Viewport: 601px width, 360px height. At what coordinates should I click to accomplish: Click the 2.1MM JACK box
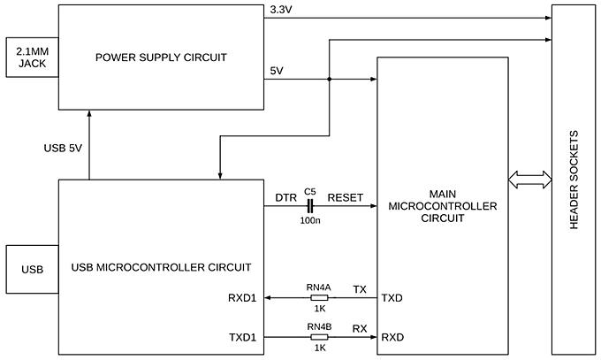click(x=32, y=58)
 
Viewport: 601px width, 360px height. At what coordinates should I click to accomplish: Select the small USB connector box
click(x=32, y=268)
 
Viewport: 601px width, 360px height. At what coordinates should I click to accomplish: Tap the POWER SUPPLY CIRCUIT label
click(x=162, y=57)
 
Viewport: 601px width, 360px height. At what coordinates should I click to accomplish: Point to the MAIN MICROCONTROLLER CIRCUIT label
click(x=442, y=206)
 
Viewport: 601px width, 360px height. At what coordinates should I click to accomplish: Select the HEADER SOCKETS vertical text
click(x=574, y=181)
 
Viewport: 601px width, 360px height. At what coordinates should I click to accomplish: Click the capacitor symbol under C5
click(x=309, y=206)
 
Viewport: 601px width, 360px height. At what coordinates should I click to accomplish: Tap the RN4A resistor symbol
click(x=319, y=298)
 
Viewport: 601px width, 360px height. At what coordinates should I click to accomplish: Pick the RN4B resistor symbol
click(x=319, y=337)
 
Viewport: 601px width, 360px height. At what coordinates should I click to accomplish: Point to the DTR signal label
click(x=285, y=198)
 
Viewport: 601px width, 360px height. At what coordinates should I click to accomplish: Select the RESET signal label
click(x=345, y=198)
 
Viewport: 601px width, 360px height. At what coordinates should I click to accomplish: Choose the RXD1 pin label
click(x=241, y=299)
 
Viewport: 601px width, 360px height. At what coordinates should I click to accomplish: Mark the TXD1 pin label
click(x=241, y=338)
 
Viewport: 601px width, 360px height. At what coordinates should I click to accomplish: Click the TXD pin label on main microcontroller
click(x=392, y=299)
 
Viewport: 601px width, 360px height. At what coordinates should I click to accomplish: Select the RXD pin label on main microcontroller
click(x=392, y=338)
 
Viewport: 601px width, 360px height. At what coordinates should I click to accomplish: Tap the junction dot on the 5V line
click(x=329, y=79)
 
